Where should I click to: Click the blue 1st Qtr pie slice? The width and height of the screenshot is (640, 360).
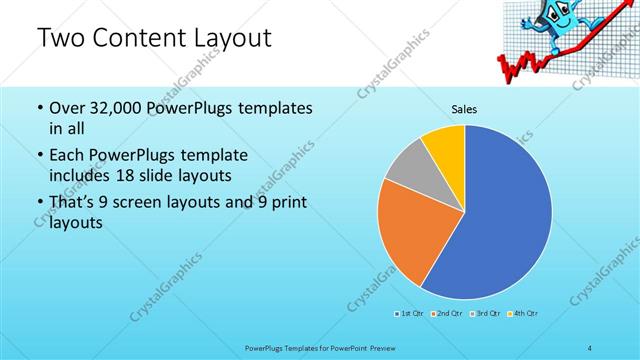click(x=500, y=220)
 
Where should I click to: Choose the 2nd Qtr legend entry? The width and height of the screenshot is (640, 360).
click(x=448, y=314)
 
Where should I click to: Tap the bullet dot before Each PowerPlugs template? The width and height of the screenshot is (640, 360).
click(x=38, y=156)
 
